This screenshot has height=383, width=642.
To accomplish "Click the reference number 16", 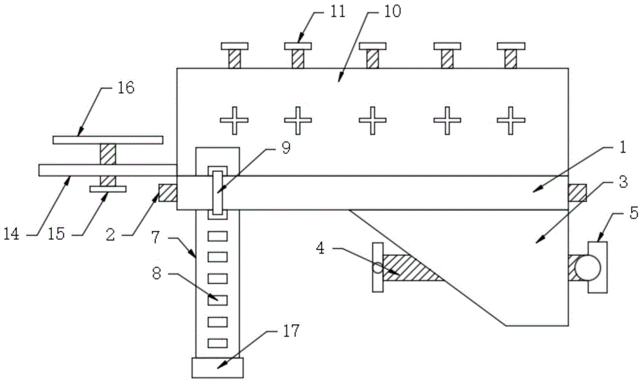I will [x=125, y=88].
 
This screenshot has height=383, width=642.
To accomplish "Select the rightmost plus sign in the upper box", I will [x=511, y=120].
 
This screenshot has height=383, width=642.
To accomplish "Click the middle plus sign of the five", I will [x=371, y=120].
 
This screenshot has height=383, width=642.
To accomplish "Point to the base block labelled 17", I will [x=218, y=368].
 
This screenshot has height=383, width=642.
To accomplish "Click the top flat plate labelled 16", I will [x=107, y=139].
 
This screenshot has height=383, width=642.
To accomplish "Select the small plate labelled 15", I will [x=107, y=189].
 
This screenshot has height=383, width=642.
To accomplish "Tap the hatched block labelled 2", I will [x=168, y=193].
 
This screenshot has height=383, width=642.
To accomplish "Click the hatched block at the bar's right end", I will [x=577, y=192].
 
